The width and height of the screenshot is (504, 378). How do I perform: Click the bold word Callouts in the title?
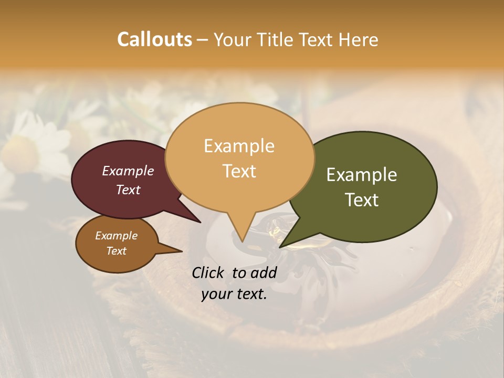point(154,39)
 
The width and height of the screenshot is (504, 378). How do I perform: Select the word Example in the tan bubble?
point(239,146)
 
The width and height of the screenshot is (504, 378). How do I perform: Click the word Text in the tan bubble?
point(239,171)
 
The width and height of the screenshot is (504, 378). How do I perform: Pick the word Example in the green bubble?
point(362,175)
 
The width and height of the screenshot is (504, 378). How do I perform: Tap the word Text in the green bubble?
point(362,200)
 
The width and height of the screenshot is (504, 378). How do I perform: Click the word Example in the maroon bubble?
point(128,171)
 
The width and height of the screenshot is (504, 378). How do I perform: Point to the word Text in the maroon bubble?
point(128,190)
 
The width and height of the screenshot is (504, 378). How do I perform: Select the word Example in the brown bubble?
point(116,236)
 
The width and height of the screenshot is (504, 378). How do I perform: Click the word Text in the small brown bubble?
point(116,251)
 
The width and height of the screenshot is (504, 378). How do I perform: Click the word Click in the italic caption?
point(209,272)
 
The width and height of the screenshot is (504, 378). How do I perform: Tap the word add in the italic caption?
point(263,272)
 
